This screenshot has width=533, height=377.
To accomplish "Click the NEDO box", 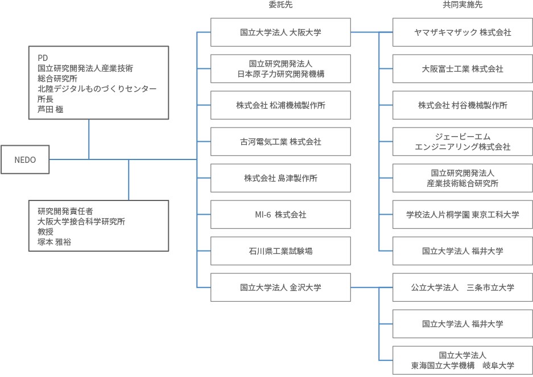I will point(25,159).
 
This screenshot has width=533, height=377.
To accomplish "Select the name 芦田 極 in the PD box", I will point(51,109).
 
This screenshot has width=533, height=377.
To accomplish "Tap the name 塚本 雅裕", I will point(55,241).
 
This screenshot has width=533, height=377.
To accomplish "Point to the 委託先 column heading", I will point(280,5).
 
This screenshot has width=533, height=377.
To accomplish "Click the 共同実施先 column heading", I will point(462,5).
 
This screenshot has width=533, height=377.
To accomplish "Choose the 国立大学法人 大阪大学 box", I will point(280,32).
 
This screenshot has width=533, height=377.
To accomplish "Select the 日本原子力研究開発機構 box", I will point(280,69).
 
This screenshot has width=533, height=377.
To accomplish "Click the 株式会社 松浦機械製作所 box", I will point(280,105).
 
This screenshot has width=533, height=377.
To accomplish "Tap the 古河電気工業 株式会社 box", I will point(280,142).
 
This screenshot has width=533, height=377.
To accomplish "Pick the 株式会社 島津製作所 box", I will point(280,178).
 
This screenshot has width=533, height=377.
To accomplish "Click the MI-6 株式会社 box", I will point(280,215).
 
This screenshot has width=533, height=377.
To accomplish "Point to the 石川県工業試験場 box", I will point(280,251).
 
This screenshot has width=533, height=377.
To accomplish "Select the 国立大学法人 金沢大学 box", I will point(280,288).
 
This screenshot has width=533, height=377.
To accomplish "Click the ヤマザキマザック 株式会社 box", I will point(462,32).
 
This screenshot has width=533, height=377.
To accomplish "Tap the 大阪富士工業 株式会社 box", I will point(462,69).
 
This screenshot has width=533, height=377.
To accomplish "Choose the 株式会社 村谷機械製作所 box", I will point(462,105).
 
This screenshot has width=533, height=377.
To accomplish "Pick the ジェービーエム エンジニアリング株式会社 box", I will point(462,142).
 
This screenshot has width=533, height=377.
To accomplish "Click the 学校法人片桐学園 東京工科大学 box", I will point(462,215).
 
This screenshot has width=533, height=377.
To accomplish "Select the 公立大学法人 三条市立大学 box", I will point(462,288).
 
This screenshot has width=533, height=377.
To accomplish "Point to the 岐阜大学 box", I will point(462,360).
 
